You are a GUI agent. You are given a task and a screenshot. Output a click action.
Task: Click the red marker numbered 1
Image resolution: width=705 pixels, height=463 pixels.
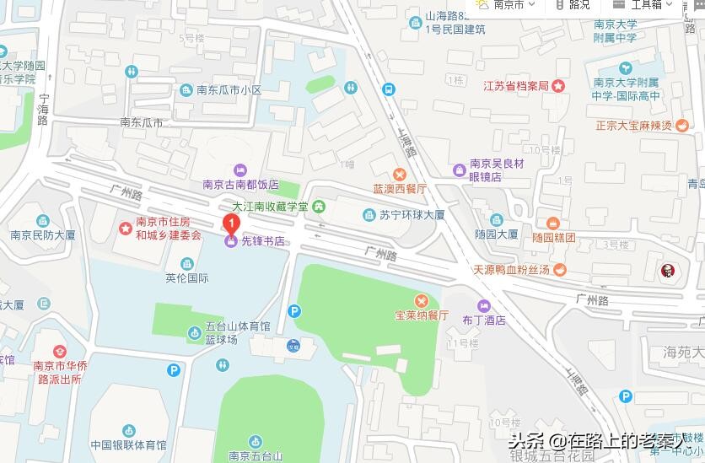click(x=229, y=224)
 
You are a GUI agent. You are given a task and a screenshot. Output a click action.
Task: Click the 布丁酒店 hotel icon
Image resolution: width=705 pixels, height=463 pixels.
click(x=483, y=305)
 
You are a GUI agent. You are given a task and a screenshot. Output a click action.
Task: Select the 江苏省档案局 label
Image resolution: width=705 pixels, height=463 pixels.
click(x=515, y=86)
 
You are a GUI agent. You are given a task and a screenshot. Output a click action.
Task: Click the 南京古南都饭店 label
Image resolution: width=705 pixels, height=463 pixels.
click(x=240, y=184)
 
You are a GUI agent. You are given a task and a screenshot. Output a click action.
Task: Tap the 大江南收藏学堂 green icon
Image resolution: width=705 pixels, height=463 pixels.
click(x=319, y=206)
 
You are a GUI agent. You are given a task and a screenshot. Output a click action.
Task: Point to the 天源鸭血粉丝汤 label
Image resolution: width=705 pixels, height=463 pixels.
click(x=511, y=270)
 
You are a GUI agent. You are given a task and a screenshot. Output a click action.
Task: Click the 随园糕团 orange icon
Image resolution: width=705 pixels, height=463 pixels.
click(x=553, y=223)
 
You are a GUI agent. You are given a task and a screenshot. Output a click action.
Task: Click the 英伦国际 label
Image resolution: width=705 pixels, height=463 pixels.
click(x=186, y=278)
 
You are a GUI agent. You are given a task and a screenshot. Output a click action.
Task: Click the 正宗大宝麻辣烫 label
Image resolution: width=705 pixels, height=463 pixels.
click(x=633, y=126)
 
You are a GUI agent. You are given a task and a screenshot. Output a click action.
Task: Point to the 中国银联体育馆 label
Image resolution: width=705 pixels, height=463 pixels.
click(x=128, y=445)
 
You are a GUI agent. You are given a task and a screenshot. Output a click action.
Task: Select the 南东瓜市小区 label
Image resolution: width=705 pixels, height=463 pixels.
click(x=227, y=90)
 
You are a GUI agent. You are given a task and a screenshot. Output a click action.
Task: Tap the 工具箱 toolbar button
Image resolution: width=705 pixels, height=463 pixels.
click(x=645, y=4)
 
